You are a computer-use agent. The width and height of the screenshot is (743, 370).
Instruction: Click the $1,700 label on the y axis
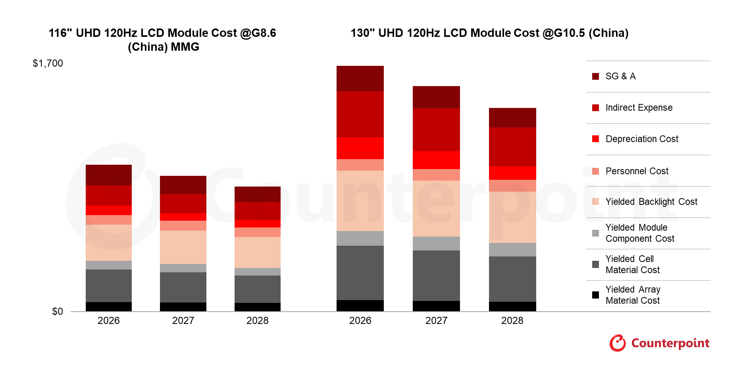pyautogui.click(x=48, y=64)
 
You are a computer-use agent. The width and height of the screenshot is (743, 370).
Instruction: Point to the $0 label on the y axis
pyautogui.click(x=58, y=312)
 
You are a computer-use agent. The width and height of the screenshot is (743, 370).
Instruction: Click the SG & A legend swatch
pyautogui.click(x=595, y=76)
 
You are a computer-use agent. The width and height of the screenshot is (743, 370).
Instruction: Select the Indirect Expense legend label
pyautogui.click(x=639, y=108)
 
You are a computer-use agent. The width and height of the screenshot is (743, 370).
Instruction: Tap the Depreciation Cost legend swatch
pyautogui.click(x=595, y=139)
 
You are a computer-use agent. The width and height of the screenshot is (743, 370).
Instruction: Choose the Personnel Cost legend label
pyautogui.click(x=637, y=171)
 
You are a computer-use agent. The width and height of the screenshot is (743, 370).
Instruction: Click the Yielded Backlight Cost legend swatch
pyautogui.click(x=595, y=202)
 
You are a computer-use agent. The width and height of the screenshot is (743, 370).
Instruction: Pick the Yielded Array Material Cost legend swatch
pyautogui.click(x=595, y=295)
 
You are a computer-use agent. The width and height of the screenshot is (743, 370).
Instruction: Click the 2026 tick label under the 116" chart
pyautogui.click(x=109, y=321)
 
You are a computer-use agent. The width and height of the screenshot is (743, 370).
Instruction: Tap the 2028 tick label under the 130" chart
pyautogui.click(x=512, y=321)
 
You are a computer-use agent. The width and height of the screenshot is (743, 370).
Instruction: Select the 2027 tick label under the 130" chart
pyautogui.click(x=437, y=321)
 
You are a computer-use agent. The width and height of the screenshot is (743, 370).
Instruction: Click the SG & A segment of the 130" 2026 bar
pyautogui.click(x=360, y=79)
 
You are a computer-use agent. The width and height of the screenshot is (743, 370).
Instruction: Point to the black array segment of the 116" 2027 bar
pyautogui.click(x=183, y=307)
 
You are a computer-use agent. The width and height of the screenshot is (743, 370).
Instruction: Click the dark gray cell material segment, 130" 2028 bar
pyautogui.click(x=512, y=279)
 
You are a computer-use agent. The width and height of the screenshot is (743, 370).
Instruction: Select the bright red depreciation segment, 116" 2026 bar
pyautogui.click(x=109, y=210)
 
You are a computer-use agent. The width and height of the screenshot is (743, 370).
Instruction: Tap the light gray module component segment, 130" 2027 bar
pyautogui.click(x=436, y=243)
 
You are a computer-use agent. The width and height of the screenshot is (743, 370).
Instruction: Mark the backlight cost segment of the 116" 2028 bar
pyautogui.click(x=258, y=252)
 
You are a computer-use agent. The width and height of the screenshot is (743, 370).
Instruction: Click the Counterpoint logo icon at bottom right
pyautogui.click(x=618, y=343)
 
